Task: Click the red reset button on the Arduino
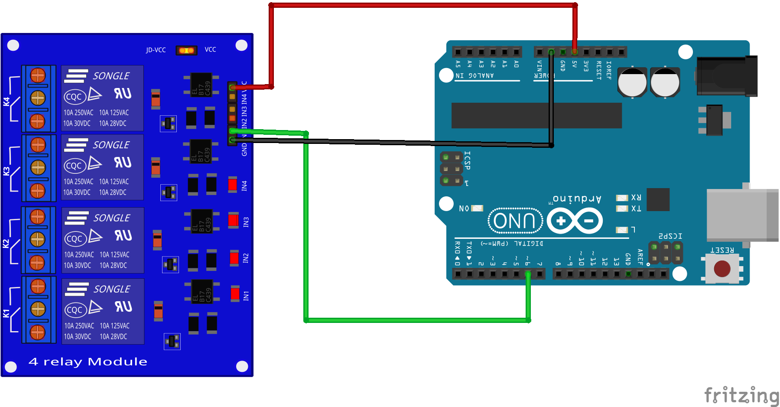[722, 268]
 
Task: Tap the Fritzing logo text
[741, 395]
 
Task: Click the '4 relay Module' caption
[88, 361]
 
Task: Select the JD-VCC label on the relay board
[156, 50]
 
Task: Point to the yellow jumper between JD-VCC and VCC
[186, 50]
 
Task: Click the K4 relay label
[6, 101]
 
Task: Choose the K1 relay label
[6, 313]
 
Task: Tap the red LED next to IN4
[233, 185]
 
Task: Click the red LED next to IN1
[235, 294]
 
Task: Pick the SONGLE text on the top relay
[111, 76]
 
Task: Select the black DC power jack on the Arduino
[727, 76]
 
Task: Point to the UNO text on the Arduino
[514, 221]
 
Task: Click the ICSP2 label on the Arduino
[670, 236]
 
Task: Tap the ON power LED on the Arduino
[477, 208]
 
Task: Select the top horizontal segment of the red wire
[422, 5]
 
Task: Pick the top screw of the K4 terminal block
[38, 75]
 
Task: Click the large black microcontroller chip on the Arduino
[536, 115]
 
